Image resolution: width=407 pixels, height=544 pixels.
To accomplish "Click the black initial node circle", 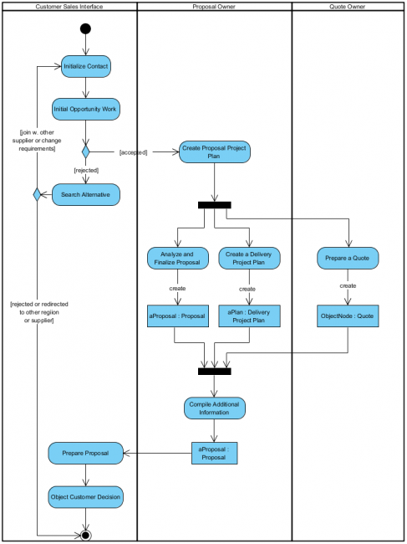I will (85, 29).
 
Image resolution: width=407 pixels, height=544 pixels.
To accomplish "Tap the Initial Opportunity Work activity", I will (85, 109).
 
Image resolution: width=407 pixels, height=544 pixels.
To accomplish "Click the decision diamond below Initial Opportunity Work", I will (85, 151).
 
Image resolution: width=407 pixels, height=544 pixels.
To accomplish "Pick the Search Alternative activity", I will (85, 195).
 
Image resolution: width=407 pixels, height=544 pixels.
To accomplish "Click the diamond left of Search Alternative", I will (36, 195).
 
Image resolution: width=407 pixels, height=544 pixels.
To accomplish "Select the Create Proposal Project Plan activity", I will (215, 151).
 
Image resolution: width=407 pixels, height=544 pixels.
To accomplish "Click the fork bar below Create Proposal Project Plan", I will (215, 205).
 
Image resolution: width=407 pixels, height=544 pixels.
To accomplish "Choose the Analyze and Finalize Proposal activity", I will (177, 258).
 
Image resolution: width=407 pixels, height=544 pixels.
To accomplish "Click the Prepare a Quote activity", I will (348, 258).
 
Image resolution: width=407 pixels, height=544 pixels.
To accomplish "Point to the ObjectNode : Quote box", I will (348, 316).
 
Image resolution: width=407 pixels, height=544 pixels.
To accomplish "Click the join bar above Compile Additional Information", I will (215, 371).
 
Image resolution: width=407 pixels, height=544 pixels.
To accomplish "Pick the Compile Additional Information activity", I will (215, 408).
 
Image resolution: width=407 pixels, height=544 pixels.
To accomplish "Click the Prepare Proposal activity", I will (85, 454).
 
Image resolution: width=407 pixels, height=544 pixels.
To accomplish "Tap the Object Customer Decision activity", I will (85, 497).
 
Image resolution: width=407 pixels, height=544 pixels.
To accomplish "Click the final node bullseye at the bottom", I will (85, 534).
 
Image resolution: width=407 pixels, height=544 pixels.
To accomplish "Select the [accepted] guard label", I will (134, 152).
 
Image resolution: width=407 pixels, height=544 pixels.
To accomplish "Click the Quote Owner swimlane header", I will (348, 7).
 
